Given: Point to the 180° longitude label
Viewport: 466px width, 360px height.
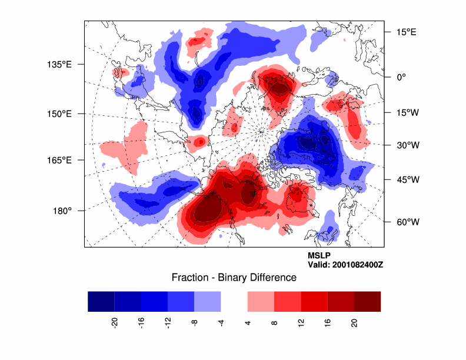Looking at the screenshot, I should (x=62, y=210).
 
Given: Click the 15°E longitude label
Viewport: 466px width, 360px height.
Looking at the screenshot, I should (x=406, y=32).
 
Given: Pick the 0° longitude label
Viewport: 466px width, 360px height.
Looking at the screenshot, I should (x=402, y=77).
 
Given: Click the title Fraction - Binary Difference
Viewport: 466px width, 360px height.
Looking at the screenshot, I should (x=234, y=277).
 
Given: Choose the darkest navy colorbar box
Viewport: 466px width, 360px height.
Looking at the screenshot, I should (x=101, y=301).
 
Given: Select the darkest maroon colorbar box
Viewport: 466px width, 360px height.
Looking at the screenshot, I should (x=367, y=301).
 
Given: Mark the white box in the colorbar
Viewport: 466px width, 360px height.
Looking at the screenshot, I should (x=234, y=301).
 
